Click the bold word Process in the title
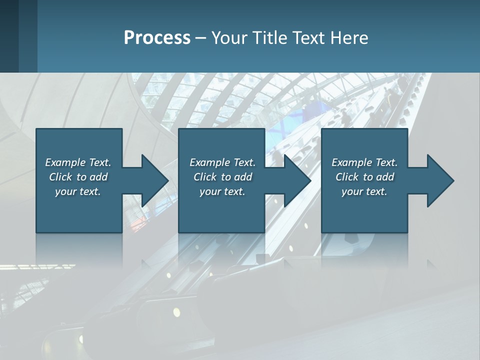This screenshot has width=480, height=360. pyautogui.click(x=157, y=38)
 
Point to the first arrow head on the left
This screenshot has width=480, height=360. pyautogui.click(x=152, y=180)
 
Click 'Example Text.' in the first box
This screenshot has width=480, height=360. pyautogui.click(x=78, y=162)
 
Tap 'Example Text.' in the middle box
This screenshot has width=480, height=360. pyautogui.click(x=222, y=162)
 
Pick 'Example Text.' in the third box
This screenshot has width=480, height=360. pyautogui.click(x=364, y=162)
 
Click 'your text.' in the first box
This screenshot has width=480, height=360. pyautogui.click(x=78, y=191)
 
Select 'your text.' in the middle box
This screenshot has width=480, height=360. pyautogui.click(x=222, y=191)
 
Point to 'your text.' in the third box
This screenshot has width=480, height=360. pyautogui.click(x=364, y=191)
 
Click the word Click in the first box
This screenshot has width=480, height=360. pyautogui.click(x=60, y=177)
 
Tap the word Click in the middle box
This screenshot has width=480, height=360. pyautogui.click(x=205, y=177)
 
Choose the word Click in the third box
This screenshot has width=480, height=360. pyautogui.click(x=347, y=177)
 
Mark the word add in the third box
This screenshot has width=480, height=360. pyautogui.click(x=385, y=177)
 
